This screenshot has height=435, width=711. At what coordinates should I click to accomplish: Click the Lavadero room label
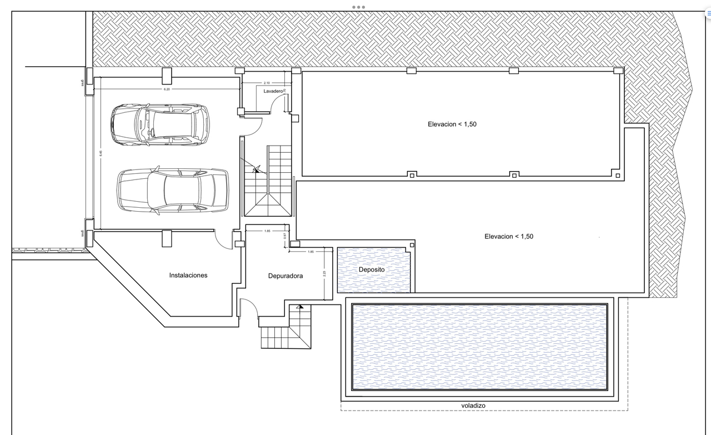[273, 91]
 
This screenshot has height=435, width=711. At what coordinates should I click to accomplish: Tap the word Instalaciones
[188, 275]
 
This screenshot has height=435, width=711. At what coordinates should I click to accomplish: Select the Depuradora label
[286, 276]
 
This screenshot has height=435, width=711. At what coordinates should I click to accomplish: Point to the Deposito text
[372, 269]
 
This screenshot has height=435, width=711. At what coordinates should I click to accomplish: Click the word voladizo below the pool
[473, 406]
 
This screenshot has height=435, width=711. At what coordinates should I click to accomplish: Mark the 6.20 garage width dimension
[167, 89]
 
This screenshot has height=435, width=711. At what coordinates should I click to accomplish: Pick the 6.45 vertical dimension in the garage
[101, 154]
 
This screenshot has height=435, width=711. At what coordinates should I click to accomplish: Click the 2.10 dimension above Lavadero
[267, 83]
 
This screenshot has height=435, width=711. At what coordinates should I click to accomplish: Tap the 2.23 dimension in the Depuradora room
[324, 273]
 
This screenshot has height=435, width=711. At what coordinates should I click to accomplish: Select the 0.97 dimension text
[284, 236]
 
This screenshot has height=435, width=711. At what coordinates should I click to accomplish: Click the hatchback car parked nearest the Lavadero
[160, 124]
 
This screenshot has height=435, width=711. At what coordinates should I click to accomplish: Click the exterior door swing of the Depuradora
[248, 307]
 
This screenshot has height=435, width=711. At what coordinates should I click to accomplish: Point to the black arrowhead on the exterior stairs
[300, 306]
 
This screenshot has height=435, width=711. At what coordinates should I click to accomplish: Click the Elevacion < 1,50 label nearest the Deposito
[509, 237]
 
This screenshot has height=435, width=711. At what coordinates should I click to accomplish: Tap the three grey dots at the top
[358, 7]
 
